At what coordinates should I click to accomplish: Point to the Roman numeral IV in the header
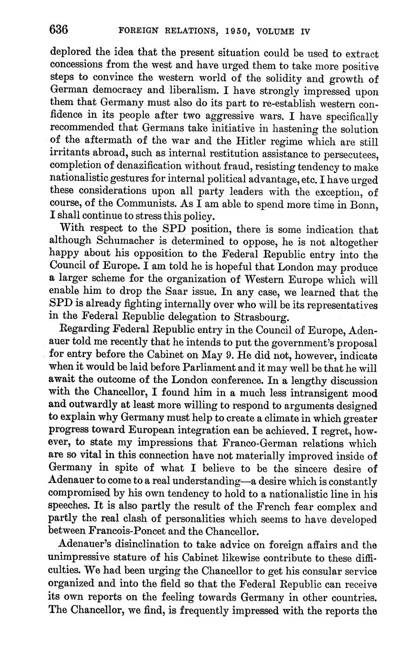pos(304,31)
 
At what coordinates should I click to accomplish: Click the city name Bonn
pos(365,204)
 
